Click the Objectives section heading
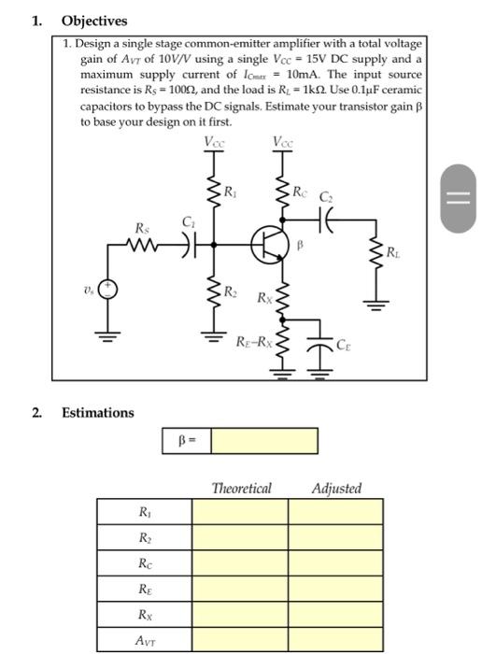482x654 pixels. pyautogui.click(x=93, y=21)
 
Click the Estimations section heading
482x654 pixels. pyautogui.click(x=97, y=413)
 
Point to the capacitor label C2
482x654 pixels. pyautogui.click(x=325, y=198)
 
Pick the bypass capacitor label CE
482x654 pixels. pyautogui.click(x=343, y=346)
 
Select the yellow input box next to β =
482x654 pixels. pyautogui.click(x=263, y=440)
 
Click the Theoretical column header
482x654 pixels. pyautogui.click(x=241, y=489)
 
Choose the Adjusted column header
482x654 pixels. pyautogui.click(x=335, y=489)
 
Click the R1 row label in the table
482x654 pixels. pyautogui.click(x=144, y=511)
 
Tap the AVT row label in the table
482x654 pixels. pyautogui.click(x=144, y=640)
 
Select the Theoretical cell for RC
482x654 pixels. pyautogui.click(x=240, y=563)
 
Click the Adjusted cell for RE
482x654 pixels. pyautogui.click(x=335, y=589)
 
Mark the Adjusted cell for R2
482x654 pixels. pyautogui.click(x=335, y=537)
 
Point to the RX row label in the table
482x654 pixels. pyautogui.click(x=144, y=615)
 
